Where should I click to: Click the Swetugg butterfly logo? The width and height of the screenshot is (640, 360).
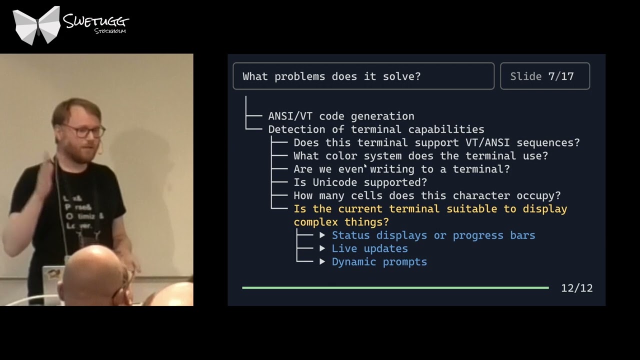click(36, 25)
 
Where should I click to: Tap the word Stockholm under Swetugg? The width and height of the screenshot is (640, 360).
click(109, 31)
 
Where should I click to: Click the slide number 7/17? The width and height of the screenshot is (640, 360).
click(560, 76)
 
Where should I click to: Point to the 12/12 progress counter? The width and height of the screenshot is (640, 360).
click(576, 288)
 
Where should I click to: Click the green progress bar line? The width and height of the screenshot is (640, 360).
click(395, 287)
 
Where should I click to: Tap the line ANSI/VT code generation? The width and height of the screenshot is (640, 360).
click(341, 116)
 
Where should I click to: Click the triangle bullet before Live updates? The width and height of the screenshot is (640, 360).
click(322, 248)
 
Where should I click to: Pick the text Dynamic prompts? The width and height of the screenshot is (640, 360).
click(379, 262)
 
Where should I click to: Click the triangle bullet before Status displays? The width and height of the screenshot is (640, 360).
click(322, 235)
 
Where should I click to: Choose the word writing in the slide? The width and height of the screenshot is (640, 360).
click(392, 169)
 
